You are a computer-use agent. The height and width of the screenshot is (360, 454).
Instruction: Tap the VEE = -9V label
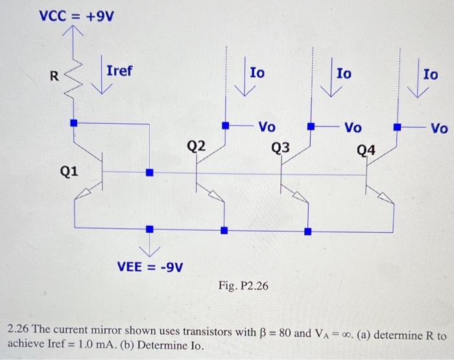[150, 266]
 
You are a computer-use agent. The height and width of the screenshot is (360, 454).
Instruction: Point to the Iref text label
[119, 70]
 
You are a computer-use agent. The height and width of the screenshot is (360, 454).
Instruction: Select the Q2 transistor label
[197, 146]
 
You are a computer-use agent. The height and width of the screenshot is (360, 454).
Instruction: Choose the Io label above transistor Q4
[430, 75]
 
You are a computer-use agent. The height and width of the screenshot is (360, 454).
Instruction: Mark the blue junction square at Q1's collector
[73, 122]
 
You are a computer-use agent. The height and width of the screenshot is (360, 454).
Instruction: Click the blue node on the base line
[149, 173]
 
